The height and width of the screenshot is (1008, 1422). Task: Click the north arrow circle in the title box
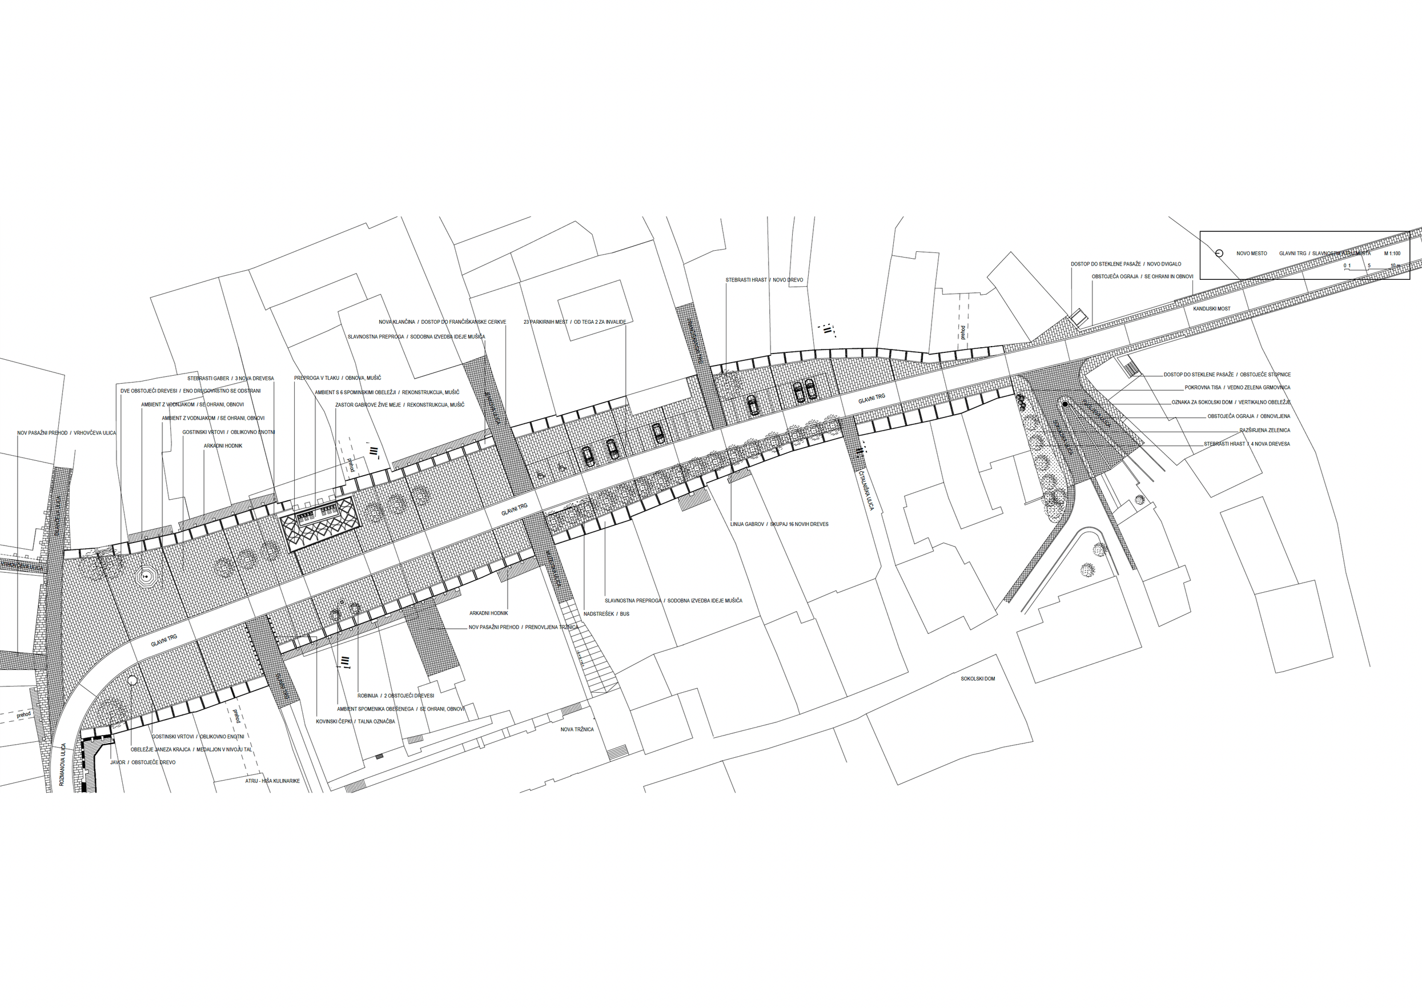coord(1219,253)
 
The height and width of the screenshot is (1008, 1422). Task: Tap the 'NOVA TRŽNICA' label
coord(577,729)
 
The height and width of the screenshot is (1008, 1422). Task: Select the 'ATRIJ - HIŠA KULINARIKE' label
coord(272,781)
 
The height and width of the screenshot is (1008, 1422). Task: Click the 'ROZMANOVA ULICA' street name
coord(63,765)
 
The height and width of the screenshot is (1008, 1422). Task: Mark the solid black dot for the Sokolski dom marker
coord(1065,405)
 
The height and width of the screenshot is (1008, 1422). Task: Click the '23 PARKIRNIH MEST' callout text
coord(574,322)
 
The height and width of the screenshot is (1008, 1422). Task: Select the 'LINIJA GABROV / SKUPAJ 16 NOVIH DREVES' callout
coord(779,524)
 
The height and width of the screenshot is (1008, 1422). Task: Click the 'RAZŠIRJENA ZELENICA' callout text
coord(1265,430)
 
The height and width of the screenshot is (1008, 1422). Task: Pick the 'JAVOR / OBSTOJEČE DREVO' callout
coord(142,762)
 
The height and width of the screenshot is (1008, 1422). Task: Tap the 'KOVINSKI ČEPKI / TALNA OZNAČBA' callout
coord(355,722)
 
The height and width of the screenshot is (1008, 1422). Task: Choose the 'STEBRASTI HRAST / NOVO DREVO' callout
coord(764,280)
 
